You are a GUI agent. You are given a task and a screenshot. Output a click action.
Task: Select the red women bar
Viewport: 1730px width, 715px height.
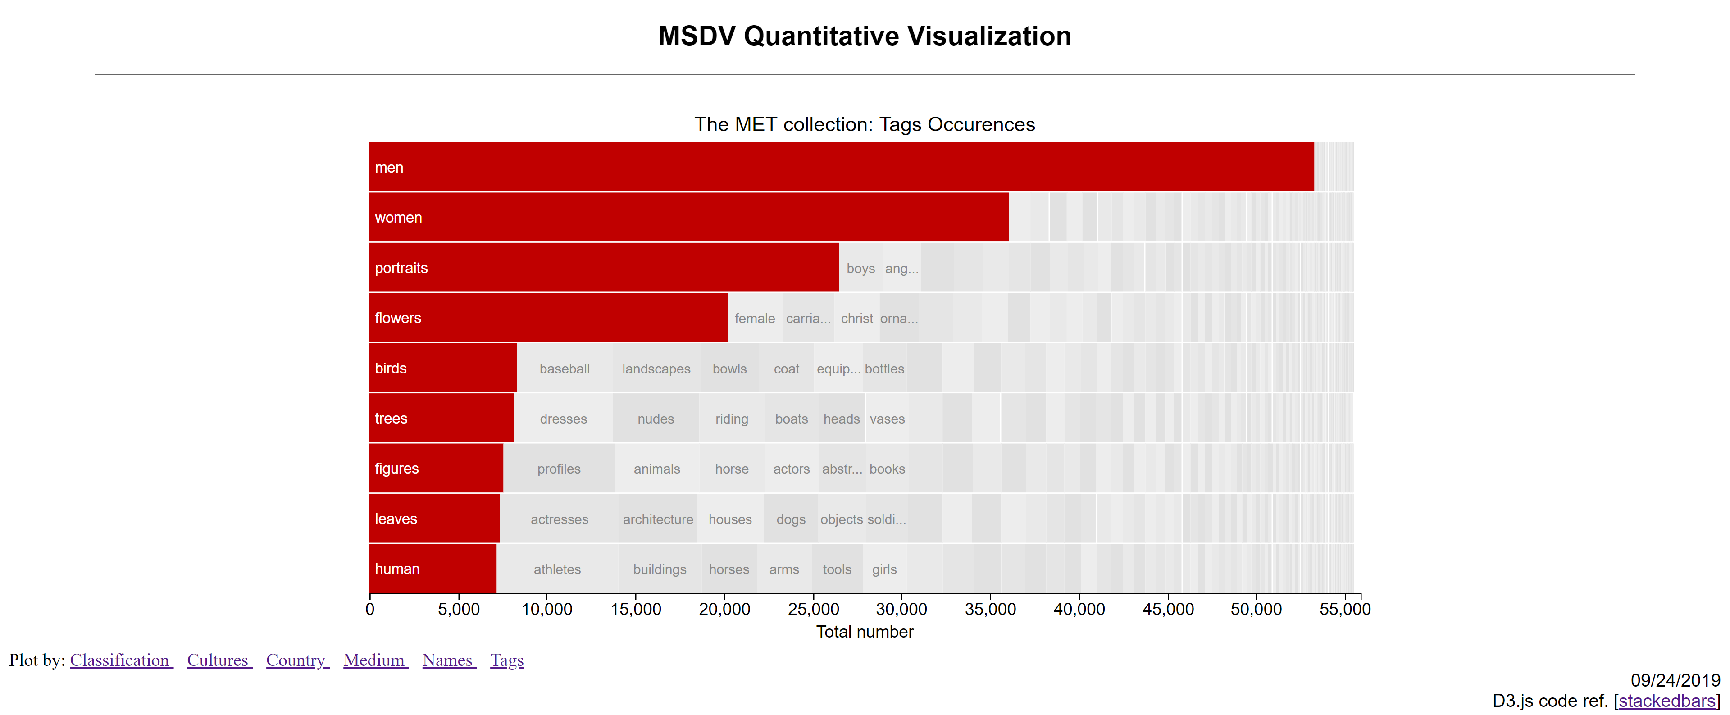click(688, 218)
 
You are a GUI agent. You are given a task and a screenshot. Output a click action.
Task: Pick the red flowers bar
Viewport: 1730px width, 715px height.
click(547, 318)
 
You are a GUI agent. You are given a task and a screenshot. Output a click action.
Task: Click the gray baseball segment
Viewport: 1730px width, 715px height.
click(564, 369)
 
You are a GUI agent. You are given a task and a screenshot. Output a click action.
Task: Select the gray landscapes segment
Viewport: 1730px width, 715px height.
click(656, 369)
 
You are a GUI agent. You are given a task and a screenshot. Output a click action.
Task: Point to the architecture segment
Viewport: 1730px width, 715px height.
click(657, 519)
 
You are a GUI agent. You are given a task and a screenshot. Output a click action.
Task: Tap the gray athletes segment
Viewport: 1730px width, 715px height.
click(557, 569)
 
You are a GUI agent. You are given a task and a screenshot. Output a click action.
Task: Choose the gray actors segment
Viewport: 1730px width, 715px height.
click(791, 469)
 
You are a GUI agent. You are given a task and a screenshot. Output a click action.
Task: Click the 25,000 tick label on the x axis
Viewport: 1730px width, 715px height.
click(813, 609)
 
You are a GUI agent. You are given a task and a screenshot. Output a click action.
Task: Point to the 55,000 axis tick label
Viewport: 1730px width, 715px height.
click(1344, 609)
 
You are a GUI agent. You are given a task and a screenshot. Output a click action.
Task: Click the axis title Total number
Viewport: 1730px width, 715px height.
click(865, 632)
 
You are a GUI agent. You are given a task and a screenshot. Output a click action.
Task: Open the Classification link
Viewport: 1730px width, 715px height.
click(120, 660)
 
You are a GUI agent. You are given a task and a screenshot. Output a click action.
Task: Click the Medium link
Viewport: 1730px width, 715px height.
click(375, 660)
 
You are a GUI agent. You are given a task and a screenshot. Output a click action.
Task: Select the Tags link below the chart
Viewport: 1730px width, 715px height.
click(506, 660)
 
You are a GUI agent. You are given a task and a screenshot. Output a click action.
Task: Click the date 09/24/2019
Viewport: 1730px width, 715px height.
click(1675, 680)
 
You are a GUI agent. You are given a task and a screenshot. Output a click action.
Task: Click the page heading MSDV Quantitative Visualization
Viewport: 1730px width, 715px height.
click(865, 36)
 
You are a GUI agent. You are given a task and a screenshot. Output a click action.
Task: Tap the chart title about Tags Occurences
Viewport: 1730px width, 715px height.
click(865, 124)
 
